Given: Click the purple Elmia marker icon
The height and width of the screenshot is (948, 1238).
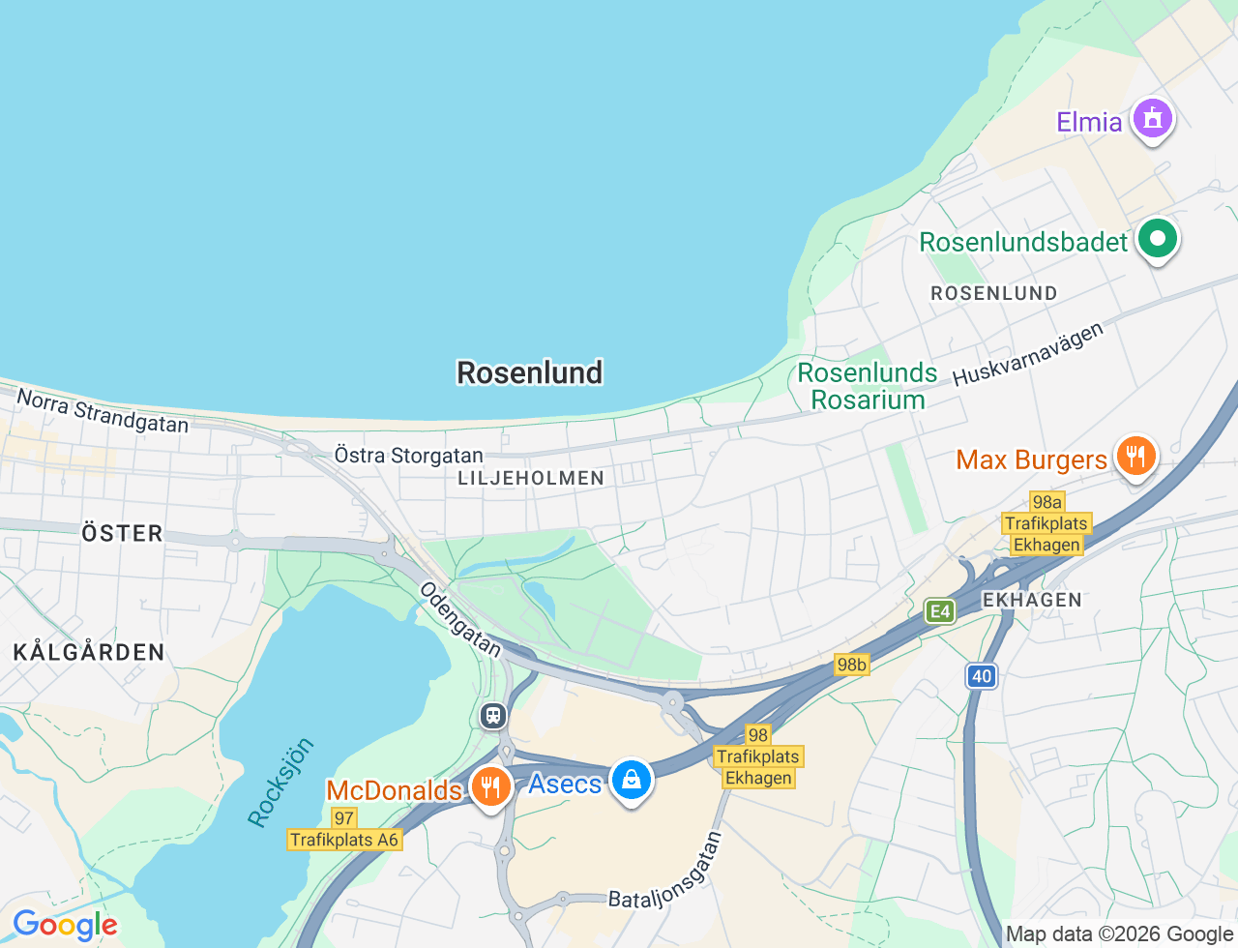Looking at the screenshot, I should [x=1152, y=119].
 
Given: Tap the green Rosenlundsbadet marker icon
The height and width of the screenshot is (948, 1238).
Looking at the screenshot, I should [x=1157, y=238].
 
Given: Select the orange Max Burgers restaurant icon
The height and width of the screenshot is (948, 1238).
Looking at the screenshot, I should [x=1135, y=456].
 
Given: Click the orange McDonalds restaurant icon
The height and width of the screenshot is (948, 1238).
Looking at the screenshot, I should [x=491, y=786].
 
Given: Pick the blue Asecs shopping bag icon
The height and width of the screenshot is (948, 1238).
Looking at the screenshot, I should [x=631, y=780].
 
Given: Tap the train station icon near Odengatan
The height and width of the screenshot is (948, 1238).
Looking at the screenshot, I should [x=493, y=716].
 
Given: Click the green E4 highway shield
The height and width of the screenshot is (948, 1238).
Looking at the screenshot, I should [x=939, y=610].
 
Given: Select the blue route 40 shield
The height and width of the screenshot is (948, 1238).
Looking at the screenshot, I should [x=982, y=676].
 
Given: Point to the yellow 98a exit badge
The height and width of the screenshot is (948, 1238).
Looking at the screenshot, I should [x=1046, y=501].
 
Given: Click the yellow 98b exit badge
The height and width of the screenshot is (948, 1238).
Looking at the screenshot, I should [x=851, y=665].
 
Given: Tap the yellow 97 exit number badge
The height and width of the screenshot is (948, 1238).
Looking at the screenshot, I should [x=344, y=818].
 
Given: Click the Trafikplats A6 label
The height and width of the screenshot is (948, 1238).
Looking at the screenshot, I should [x=344, y=840].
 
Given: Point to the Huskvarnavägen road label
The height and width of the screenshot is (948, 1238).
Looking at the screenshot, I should [x=1027, y=355].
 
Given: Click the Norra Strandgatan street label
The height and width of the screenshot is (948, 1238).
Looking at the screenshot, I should [x=103, y=410].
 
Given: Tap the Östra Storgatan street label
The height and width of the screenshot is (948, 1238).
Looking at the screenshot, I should [x=408, y=455].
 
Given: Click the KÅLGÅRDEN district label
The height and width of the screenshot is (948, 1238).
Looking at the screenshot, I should [x=89, y=652].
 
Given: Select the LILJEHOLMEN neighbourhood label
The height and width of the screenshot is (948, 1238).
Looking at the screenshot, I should [x=531, y=478].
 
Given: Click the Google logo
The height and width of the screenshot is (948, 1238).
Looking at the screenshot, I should [x=65, y=926].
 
